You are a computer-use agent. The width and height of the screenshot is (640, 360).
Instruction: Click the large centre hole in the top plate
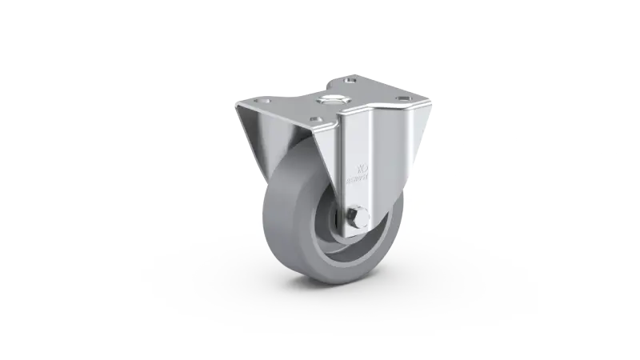(x=330, y=102)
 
